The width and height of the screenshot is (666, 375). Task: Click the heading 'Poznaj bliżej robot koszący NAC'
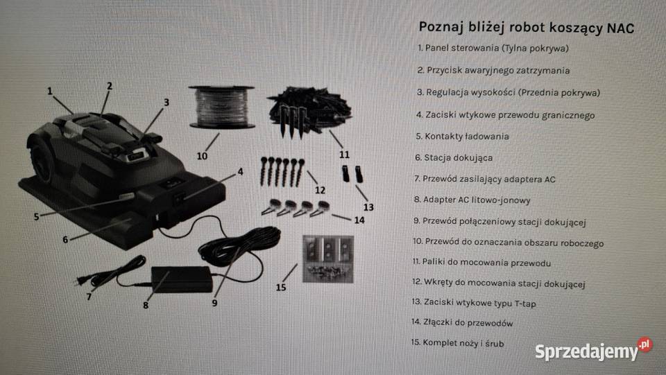[x=527, y=28]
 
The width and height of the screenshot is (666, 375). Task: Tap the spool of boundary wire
[x=222, y=107]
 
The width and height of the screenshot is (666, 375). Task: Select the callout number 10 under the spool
[x=201, y=156]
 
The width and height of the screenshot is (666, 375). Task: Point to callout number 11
[x=345, y=154]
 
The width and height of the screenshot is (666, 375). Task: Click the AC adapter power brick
[x=181, y=278]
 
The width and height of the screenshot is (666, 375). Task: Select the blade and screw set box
[x=328, y=259]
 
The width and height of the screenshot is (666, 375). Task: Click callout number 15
[x=281, y=287]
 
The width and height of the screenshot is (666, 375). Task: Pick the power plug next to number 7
[x=83, y=281]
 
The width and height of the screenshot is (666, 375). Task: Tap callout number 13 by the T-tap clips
[x=368, y=207]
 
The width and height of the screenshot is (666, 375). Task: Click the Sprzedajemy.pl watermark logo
[x=593, y=350]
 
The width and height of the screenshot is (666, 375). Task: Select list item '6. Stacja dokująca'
[x=455, y=158]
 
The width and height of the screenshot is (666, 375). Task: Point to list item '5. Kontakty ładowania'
[x=463, y=137]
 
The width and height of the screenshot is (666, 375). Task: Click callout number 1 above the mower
[x=50, y=90]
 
